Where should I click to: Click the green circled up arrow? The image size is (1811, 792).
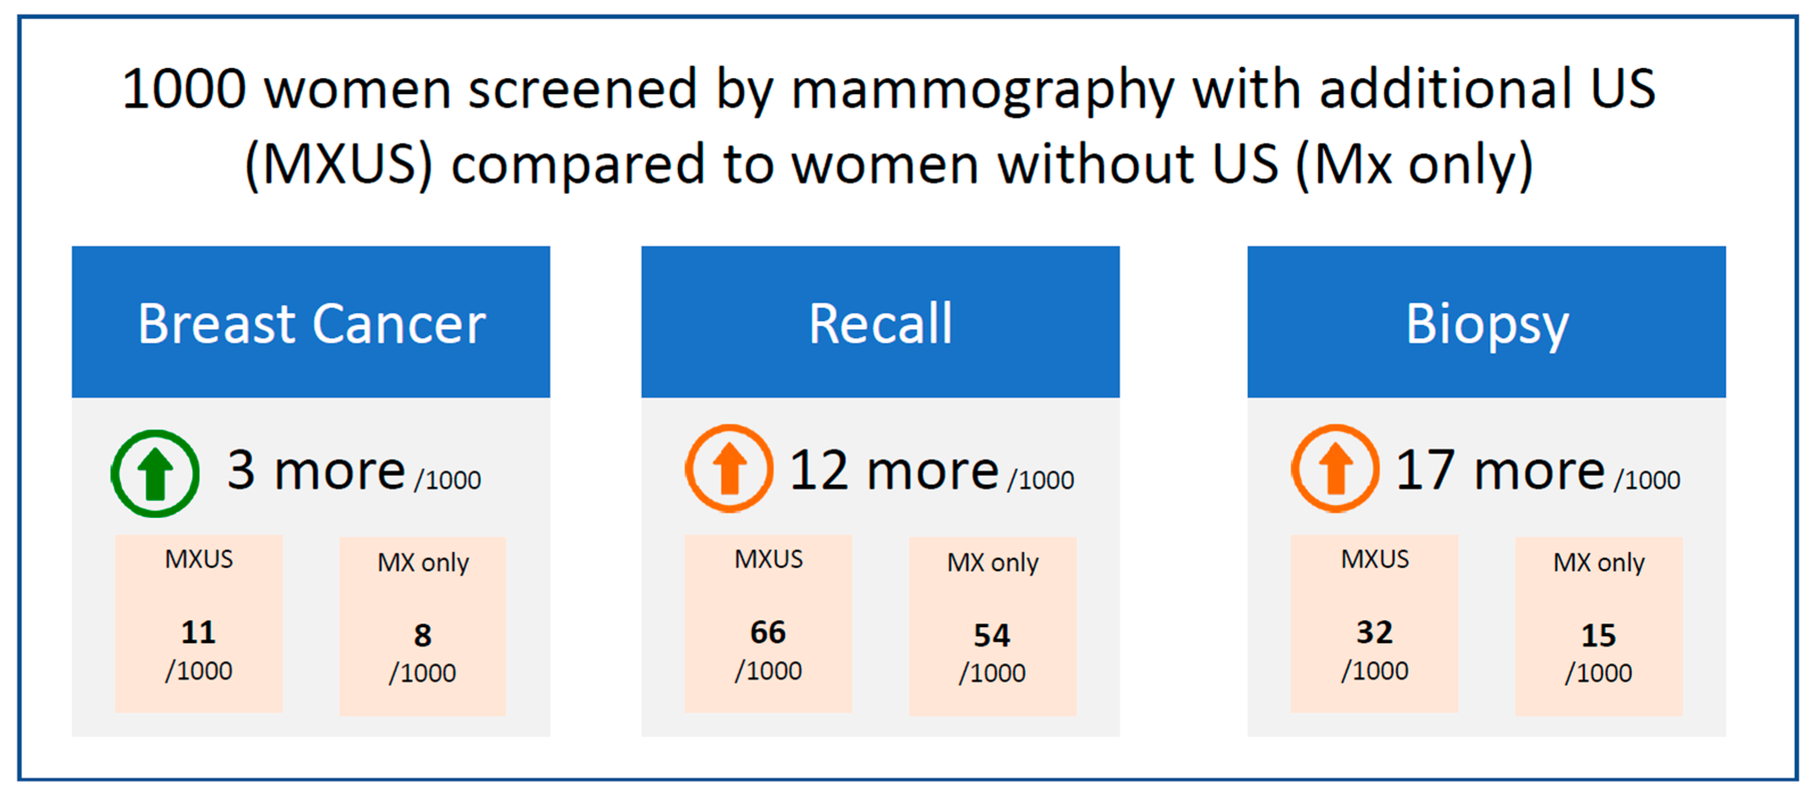click(155, 473)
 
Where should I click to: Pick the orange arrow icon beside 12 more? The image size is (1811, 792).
click(729, 468)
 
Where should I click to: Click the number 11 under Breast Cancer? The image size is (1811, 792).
click(198, 632)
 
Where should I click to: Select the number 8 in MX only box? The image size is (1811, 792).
click(423, 635)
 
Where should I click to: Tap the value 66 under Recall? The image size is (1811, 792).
click(768, 632)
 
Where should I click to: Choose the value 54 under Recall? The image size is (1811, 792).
click(992, 635)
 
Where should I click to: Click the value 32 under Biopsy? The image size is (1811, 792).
click(1374, 632)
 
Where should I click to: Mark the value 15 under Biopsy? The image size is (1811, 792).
click(1599, 635)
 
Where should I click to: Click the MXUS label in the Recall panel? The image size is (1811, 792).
click(768, 559)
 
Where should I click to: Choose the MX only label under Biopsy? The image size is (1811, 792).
click(1599, 563)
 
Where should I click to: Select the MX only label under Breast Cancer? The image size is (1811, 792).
click(423, 563)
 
